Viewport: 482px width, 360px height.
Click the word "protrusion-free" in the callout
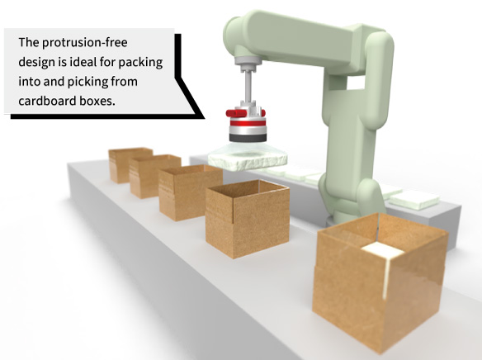[84, 43]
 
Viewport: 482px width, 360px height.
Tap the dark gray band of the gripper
[248, 138]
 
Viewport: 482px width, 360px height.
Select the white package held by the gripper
[248, 161]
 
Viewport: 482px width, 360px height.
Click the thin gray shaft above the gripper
[248, 87]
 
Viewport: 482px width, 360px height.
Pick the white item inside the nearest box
[383, 251]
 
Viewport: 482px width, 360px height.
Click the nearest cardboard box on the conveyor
[380, 282]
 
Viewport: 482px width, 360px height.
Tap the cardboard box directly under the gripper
[248, 218]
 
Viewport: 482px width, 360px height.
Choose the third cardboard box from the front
[191, 192]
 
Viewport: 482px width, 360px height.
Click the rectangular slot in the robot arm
[356, 83]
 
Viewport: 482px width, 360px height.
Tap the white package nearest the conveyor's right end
[416, 200]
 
